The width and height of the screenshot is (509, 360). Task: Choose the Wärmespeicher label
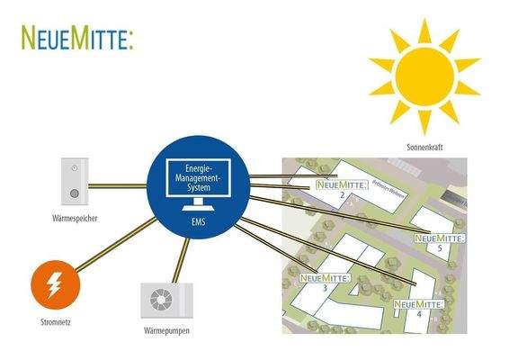pos(74,218)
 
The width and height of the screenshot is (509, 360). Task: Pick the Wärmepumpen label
pos(165,332)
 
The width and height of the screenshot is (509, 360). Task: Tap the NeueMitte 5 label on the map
pos(439,239)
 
